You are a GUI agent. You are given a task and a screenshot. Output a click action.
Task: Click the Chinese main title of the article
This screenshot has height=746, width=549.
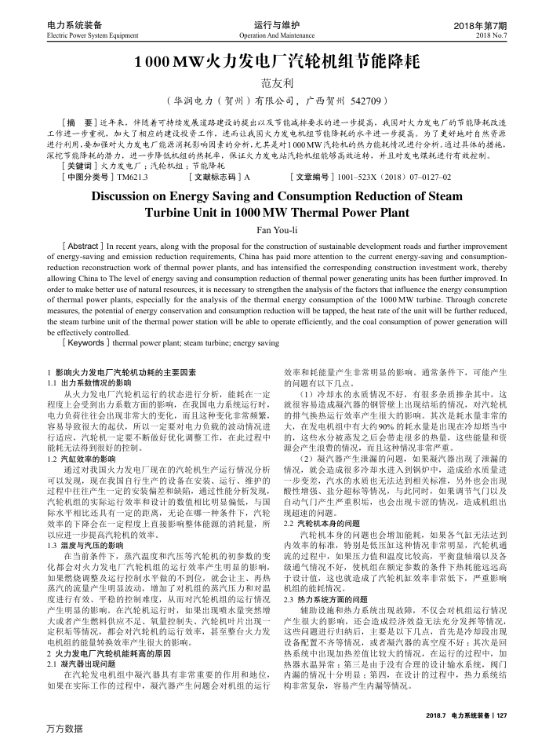click(274, 61)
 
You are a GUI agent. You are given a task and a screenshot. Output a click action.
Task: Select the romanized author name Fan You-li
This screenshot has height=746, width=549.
click(274, 228)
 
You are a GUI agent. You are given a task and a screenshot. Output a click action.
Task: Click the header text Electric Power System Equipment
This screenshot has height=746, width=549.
click(93, 36)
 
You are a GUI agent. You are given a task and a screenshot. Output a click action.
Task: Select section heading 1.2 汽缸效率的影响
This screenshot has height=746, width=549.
click(82, 436)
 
